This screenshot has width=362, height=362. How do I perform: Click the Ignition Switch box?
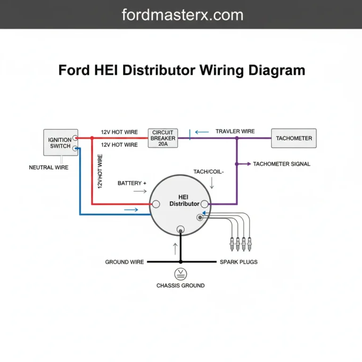tap(60, 142)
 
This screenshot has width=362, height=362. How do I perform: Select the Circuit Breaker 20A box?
tap(163, 138)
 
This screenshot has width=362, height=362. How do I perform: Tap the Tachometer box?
tap(294, 138)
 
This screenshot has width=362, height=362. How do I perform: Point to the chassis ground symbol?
tap(180, 273)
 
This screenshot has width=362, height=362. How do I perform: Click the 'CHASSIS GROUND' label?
tap(181, 286)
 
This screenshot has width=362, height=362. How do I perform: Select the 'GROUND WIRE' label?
tap(124, 262)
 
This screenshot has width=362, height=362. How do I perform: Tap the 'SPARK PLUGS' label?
tap(239, 262)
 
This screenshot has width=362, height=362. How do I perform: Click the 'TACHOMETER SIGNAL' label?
tap(281, 164)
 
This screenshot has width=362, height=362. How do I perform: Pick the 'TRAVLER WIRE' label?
tap(235, 132)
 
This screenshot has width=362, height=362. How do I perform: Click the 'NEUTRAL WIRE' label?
tap(49, 167)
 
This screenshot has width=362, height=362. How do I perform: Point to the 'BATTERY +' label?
tap(132, 183)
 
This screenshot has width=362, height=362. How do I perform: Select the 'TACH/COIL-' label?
tap(209, 172)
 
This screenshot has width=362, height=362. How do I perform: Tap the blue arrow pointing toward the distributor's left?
tap(131, 209)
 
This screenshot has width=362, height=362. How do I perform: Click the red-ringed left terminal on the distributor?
tap(156, 204)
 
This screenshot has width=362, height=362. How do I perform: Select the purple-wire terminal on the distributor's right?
tap(205, 204)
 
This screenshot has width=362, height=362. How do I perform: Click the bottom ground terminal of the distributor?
tap(180, 230)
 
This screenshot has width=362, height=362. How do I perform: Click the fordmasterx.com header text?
tap(183, 15)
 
